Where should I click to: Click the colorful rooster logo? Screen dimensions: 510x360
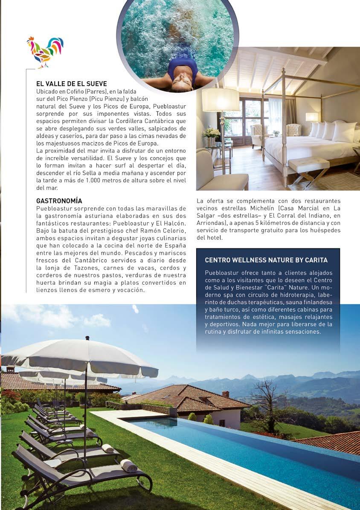click(x=45, y=52)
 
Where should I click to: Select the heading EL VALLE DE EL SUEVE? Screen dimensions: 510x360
click(x=71, y=84)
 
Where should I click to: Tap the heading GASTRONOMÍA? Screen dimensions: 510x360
click(x=59, y=201)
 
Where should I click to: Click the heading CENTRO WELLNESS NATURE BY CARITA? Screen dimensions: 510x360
click(x=266, y=260)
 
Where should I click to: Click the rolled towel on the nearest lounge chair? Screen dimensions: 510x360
click(x=128, y=465)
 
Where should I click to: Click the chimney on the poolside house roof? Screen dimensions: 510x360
click(x=225, y=394)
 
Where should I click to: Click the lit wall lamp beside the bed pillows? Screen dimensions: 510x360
click(x=312, y=117)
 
